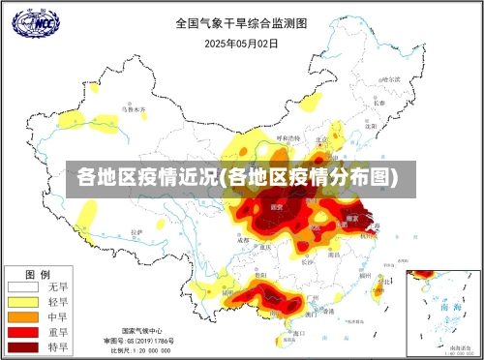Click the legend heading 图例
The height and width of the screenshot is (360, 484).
click(37, 272)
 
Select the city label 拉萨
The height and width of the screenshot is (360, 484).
click(136, 232)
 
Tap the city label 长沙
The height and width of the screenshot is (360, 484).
click(307, 260)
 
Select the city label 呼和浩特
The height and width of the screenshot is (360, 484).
click(285, 138)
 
